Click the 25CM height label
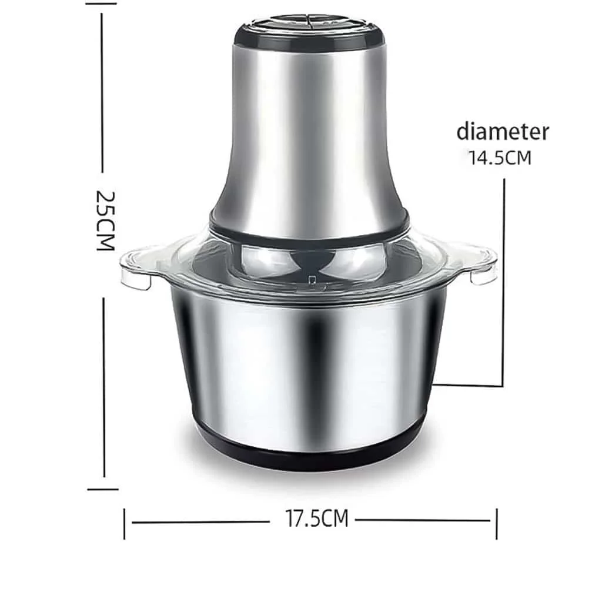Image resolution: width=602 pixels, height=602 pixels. pos(105,220)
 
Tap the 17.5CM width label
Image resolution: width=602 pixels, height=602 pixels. pos(317,519)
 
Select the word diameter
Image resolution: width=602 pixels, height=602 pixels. pos(503,131)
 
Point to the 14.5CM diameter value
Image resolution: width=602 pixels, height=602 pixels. pos(500,158)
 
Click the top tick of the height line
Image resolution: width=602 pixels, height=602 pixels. pos(102,3)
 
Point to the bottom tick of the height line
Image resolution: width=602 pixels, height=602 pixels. pos(103,489)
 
